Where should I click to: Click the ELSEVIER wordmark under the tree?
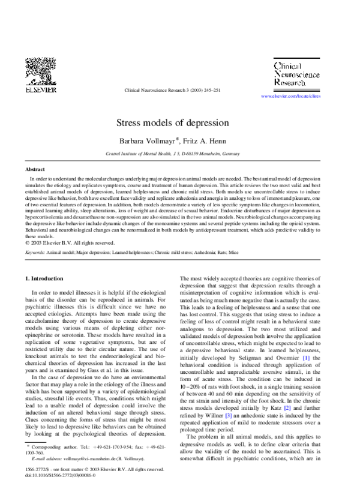coord(40,90)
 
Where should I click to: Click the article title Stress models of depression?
coord(180,123)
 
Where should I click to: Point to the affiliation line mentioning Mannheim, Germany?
coord(180,154)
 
